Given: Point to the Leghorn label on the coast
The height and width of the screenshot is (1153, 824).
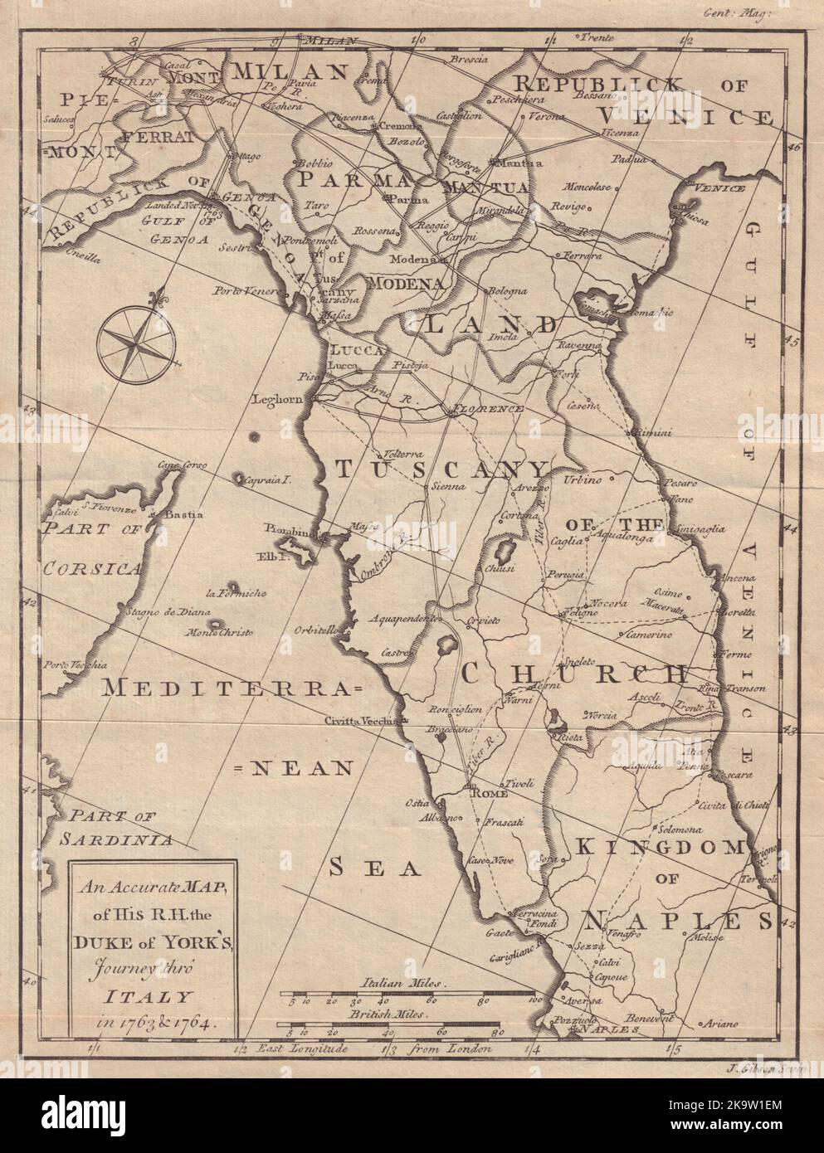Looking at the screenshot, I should (280, 400).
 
